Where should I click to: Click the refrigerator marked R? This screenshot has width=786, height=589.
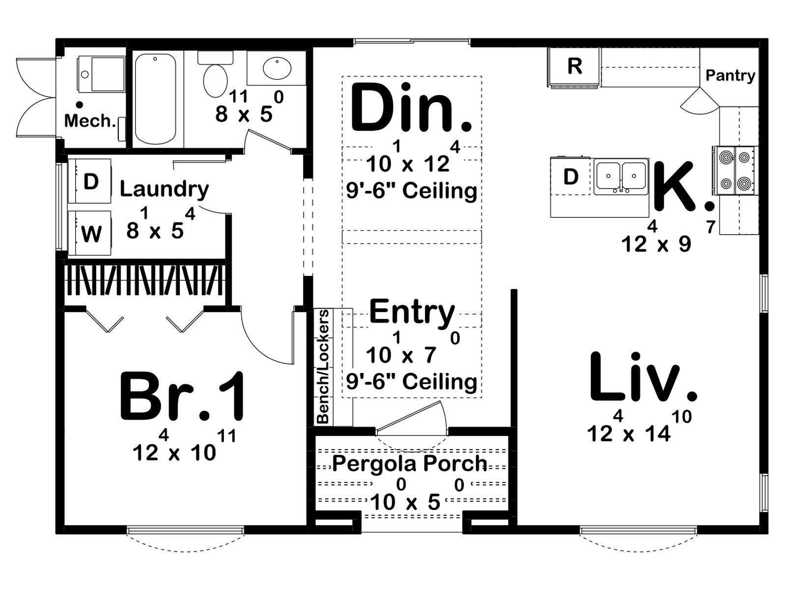(x=573, y=68)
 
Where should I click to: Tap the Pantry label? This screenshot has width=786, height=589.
(x=730, y=76)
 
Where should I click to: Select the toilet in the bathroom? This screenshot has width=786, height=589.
(x=215, y=74)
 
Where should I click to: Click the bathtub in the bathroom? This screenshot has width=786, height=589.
(x=156, y=99)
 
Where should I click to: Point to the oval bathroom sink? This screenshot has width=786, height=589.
(x=277, y=69)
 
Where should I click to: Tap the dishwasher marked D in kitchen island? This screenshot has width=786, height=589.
(x=570, y=176)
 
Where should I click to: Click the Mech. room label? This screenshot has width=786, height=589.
(x=90, y=121)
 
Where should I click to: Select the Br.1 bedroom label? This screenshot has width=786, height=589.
(x=183, y=397)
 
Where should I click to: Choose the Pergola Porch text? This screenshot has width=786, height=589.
(x=410, y=463)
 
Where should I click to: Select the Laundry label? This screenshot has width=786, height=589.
(x=164, y=189)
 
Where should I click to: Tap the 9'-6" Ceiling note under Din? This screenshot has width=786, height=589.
(x=412, y=190)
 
